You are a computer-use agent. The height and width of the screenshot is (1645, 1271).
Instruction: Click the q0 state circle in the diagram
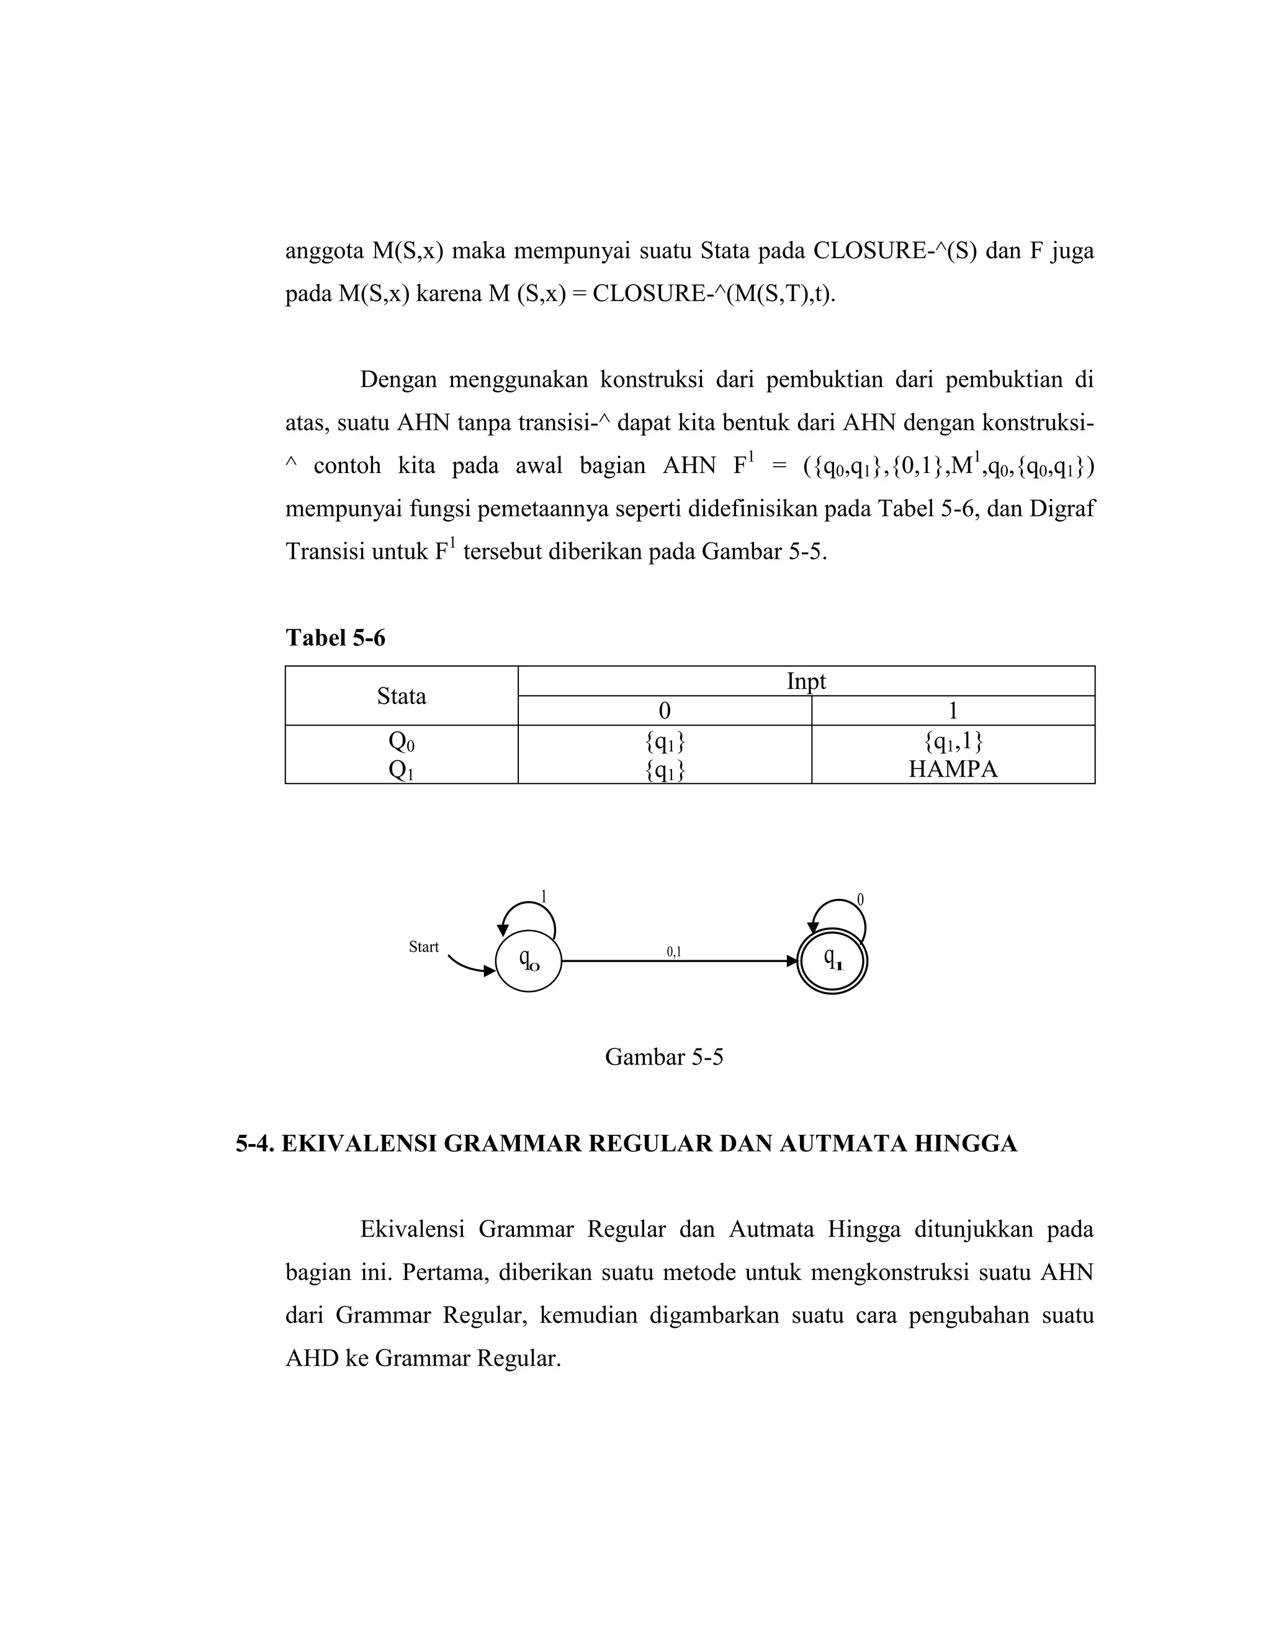point(529,960)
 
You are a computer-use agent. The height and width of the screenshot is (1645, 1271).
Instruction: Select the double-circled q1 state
point(832,960)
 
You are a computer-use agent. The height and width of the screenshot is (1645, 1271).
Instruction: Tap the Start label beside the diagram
point(423,947)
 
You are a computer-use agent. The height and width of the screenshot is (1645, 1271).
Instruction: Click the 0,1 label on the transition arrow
point(674,951)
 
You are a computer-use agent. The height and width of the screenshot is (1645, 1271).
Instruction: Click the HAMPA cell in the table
point(953,769)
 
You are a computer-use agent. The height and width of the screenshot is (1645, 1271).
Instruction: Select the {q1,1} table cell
point(953,742)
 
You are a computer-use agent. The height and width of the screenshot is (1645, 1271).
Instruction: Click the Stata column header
point(402,696)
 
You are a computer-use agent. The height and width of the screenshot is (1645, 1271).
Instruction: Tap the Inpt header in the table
point(806,681)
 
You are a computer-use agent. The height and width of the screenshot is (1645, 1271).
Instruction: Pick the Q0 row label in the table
point(402,742)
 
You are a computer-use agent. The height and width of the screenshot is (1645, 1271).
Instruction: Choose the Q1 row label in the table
point(402,770)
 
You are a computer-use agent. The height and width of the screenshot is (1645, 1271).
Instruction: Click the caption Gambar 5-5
point(663,1057)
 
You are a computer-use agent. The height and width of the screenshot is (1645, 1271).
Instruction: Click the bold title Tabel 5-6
point(335,638)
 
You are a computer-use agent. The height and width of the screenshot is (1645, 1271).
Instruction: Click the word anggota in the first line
point(324,250)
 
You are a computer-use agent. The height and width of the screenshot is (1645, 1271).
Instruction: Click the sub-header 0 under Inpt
point(664,710)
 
